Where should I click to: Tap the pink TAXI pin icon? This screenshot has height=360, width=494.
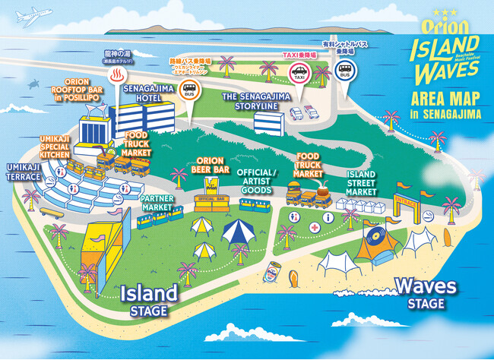298,73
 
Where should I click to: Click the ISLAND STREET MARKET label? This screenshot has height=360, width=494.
361,183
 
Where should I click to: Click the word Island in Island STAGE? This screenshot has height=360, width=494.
149,293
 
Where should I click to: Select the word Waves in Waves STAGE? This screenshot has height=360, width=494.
426,287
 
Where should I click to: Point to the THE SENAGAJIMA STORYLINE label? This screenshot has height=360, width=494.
250,102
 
